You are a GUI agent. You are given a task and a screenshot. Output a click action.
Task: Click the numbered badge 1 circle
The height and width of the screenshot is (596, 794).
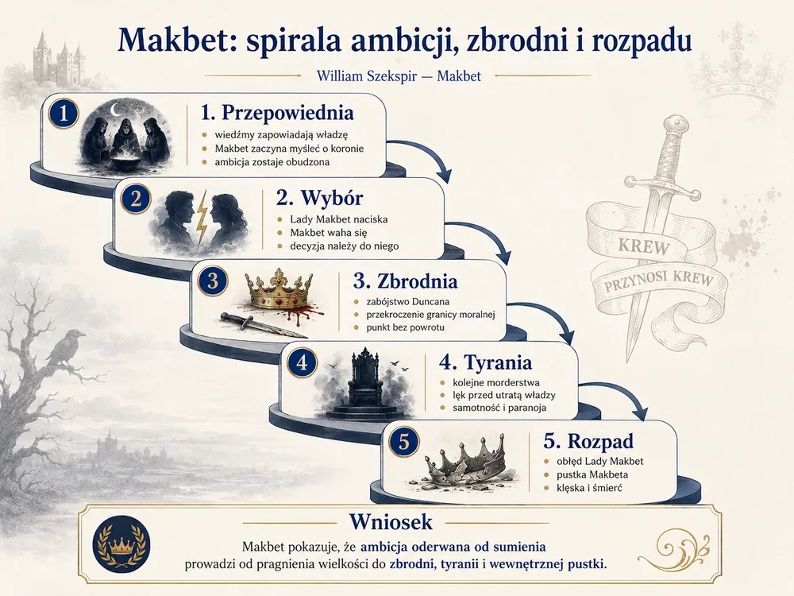64,113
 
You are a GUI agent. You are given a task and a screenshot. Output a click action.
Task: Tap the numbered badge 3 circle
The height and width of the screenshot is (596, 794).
213,281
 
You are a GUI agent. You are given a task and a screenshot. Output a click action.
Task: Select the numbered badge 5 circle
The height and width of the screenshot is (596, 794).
403,441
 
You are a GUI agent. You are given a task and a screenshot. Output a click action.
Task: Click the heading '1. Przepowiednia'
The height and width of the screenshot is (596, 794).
277,113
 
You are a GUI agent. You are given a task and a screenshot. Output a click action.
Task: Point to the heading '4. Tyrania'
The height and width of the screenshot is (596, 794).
485,362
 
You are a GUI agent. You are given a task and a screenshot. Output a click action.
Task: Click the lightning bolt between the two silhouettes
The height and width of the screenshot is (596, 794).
202,215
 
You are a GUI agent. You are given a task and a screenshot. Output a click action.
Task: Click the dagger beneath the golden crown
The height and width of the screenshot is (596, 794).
258,325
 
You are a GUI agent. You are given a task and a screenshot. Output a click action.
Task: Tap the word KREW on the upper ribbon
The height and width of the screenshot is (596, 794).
644,247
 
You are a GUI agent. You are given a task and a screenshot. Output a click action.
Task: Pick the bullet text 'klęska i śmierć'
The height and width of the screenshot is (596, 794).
589,488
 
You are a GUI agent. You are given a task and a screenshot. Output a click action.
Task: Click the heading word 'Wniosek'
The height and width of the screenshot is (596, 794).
391,522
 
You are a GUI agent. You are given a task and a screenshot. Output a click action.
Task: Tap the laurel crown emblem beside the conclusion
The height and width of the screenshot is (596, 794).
122,544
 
